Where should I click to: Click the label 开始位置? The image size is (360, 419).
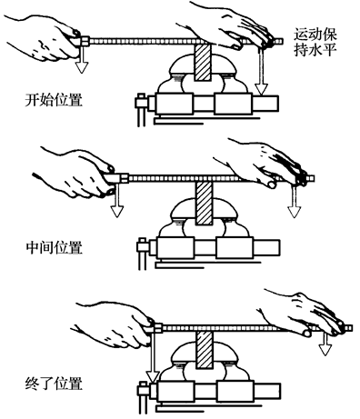(x=54, y=100)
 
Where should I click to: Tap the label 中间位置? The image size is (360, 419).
(x=55, y=247)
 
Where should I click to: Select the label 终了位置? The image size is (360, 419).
(x=54, y=384)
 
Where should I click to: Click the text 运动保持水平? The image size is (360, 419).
(x=315, y=42)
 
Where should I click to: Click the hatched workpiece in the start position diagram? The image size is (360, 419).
(x=203, y=62)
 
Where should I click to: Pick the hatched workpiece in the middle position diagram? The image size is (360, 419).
(x=205, y=204)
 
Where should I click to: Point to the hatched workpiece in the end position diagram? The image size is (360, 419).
(x=205, y=350)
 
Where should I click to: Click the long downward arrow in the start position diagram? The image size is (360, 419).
(x=261, y=71)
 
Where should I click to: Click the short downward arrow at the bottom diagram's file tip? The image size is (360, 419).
(x=325, y=344)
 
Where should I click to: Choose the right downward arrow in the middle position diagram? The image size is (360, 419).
(x=294, y=202)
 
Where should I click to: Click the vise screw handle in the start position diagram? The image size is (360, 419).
(x=141, y=110)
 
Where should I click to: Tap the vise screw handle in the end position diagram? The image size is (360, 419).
(x=143, y=397)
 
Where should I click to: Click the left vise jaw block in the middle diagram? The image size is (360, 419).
(x=175, y=248)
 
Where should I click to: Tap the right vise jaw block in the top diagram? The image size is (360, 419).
(x=233, y=104)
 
